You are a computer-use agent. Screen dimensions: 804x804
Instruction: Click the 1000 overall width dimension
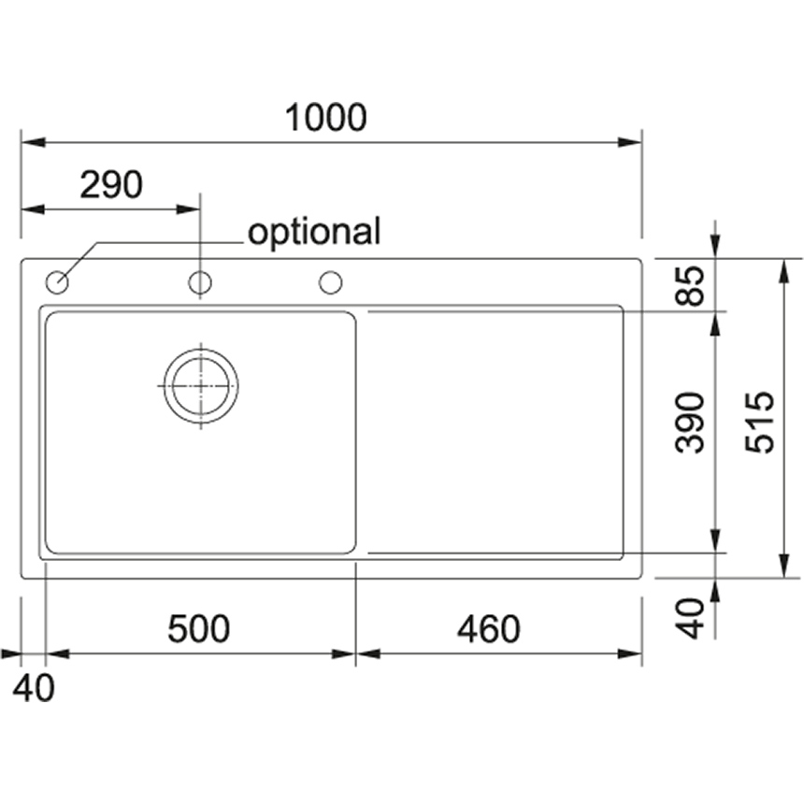325,118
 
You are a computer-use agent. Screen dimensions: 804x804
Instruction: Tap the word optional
314,232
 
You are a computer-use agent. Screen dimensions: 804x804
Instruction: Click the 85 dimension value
689,285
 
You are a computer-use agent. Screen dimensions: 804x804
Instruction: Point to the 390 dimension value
689,423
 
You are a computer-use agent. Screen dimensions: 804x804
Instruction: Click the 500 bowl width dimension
199,629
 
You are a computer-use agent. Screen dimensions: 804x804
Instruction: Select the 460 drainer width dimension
489,629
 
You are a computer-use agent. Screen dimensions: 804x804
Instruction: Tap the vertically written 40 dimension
690,618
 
